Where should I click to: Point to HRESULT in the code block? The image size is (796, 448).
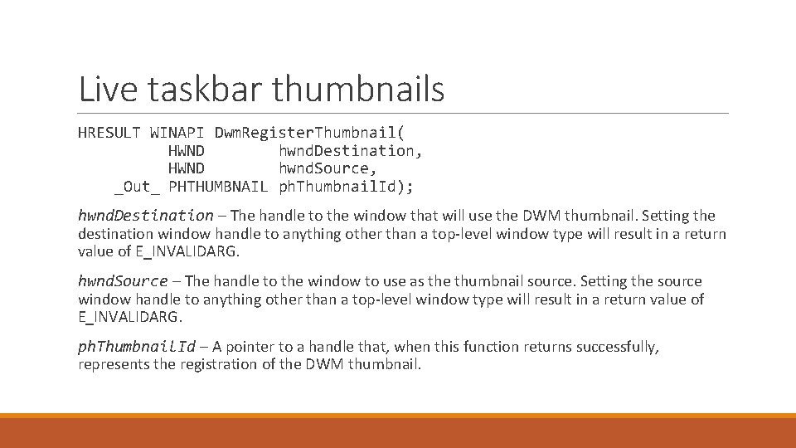click(109, 132)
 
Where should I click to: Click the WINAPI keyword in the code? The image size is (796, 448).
click(177, 132)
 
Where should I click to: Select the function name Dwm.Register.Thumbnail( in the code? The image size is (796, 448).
click(310, 132)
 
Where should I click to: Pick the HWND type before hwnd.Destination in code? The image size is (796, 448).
click(187, 150)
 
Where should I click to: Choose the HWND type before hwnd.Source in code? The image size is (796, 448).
click(187, 168)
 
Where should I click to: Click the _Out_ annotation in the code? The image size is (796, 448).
click(137, 187)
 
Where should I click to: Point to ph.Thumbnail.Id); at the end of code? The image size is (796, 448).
click(346, 187)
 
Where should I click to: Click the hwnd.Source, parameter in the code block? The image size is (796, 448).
click(328, 168)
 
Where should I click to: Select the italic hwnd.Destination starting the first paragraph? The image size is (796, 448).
click(145, 216)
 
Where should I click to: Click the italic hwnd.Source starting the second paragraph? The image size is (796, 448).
click(123, 281)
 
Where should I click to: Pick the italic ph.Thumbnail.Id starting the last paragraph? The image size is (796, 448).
click(137, 347)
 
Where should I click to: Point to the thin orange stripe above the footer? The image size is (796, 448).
click(398, 416)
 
